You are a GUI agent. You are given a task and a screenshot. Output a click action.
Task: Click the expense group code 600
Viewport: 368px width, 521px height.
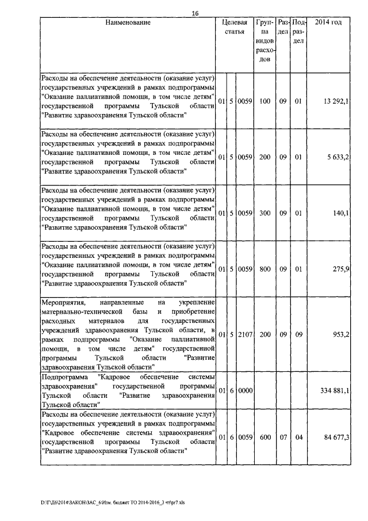coord(264,438)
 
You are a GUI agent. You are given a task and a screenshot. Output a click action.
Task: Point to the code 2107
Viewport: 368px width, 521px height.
coord(245,334)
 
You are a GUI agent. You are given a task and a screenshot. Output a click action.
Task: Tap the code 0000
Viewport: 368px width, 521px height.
coord(245,390)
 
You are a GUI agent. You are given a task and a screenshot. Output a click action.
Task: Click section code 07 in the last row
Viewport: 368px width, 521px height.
coord(283,438)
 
